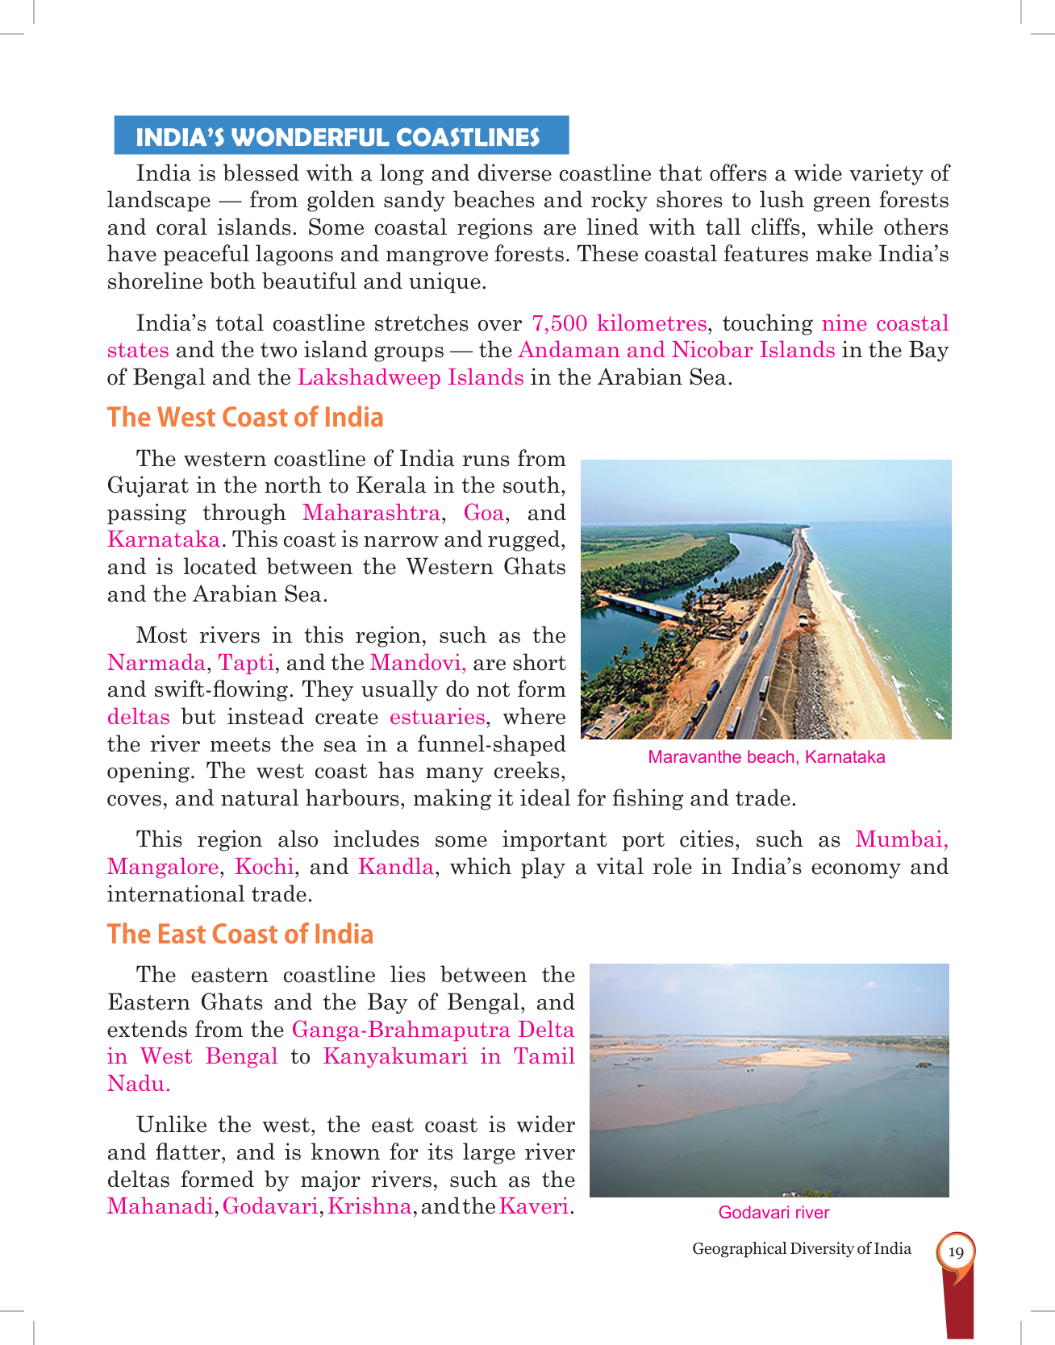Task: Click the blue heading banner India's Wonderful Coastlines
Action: pos(340,136)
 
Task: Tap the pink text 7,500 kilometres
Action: pos(619,323)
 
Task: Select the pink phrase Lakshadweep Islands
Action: pos(411,377)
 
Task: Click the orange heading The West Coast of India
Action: pos(245,417)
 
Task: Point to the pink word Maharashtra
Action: pos(371,513)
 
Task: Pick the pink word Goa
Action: pos(483,513)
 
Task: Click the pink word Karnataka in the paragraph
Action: pos(164,539)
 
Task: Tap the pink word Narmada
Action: pos(156,663)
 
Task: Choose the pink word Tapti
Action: pos(246,663)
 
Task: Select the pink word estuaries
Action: pos(437,717)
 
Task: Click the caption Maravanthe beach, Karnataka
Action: pos(766,757)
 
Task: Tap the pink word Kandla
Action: pos(395,867)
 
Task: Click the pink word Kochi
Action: pos(264,867)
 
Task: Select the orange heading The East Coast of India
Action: pos(240,934)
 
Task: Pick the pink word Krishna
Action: pos(369,1207)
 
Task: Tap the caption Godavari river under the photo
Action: pos(774,1213)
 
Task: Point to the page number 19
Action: pos(956,1252)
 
